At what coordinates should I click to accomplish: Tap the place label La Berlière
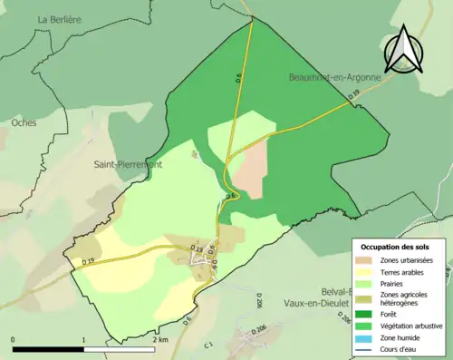coord(60,18)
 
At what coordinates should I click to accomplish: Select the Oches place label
coord(25,121)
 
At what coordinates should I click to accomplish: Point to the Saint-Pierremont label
coord(128,165)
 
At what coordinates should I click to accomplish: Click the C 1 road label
coord(207,345)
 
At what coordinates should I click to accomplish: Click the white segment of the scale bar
coord(121,349)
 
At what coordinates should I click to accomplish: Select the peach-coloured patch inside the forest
coord(247,169)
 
